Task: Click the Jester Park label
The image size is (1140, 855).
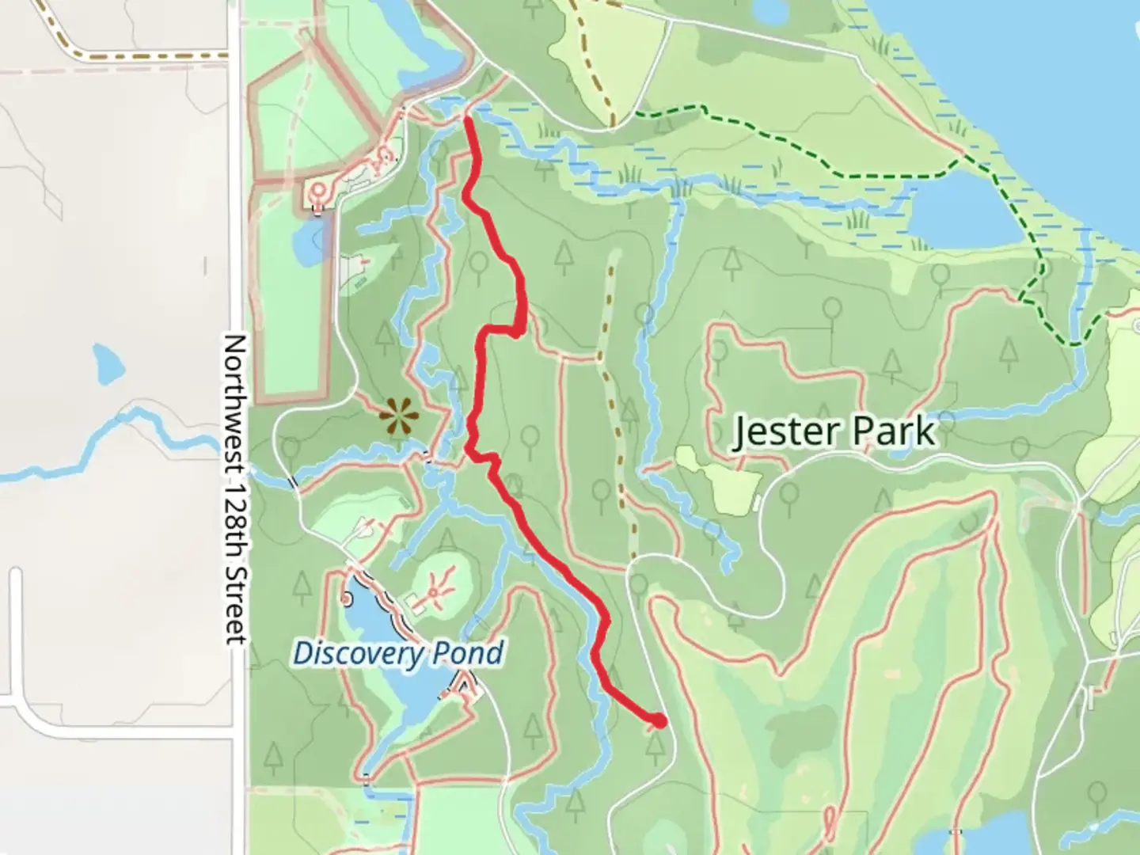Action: [x=834, y=431]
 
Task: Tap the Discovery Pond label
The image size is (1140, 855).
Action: [x=398, y=654]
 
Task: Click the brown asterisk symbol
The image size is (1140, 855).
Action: [x=398, y=415]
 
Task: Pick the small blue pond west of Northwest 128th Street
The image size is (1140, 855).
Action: [x=108, y=363]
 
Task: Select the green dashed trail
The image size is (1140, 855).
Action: [x=823, y=158]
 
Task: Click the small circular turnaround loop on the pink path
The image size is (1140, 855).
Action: [x=319, y=191]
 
